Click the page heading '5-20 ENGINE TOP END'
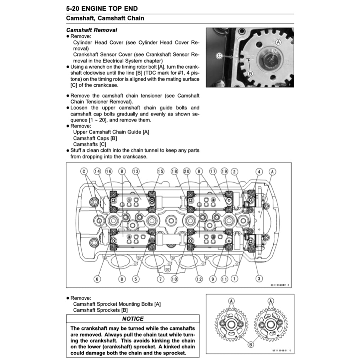tap(102, 8)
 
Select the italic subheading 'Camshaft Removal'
tap(92, 30)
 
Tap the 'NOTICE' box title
tap(133, 319)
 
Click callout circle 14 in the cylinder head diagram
tap(97, 171)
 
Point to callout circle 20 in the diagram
tap(187, 171)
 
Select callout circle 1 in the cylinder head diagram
tap(235, 279)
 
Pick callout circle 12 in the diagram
tap(199, 279)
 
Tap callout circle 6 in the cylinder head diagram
tap(97, 279)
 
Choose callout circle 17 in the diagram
tap(213, 171)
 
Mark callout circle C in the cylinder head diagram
tap(84, 171)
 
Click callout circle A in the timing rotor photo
tap(278, 42)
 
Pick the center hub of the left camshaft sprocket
tap(231, 323)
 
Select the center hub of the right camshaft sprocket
tap(271, 323)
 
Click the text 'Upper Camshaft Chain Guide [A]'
tap(111, 132)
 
